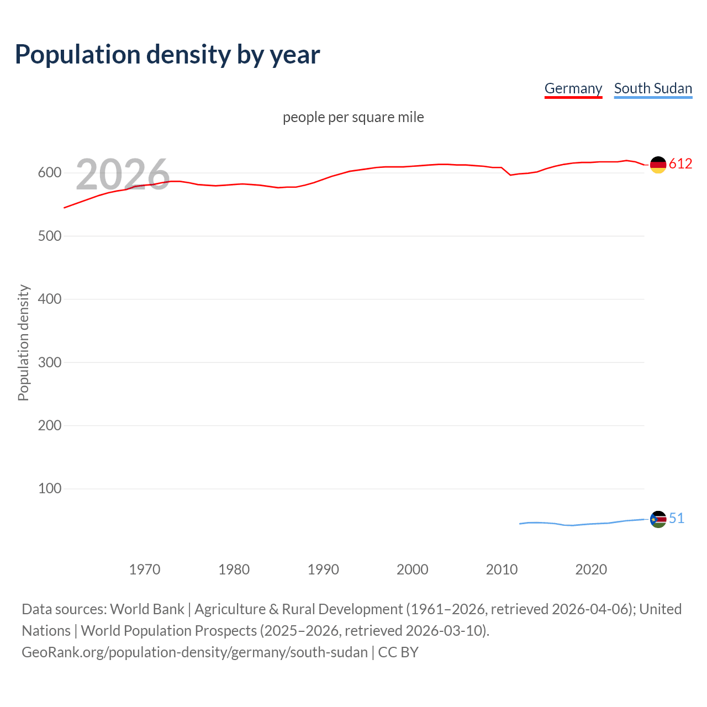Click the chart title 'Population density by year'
coord(167,55)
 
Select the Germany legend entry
coord(573,88)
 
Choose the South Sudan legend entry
coord(653,88)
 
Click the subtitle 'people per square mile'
coord(353,117)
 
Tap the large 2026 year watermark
coord(123,175)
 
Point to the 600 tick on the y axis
coord(50,173)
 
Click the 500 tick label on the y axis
coord(50,236)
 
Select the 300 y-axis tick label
coord(50,362)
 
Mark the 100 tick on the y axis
coord(50,489)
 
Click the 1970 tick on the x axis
coord(145,569)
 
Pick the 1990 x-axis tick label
coord(323,569)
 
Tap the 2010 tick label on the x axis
coord(502,569)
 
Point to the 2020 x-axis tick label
coord(591,569)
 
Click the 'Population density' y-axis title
coord(23,342)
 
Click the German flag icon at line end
coord(658,165)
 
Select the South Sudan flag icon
coord(658,519)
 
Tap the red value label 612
coord(680,163)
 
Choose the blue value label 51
coord(677,518)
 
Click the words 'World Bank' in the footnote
coord(147,609)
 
